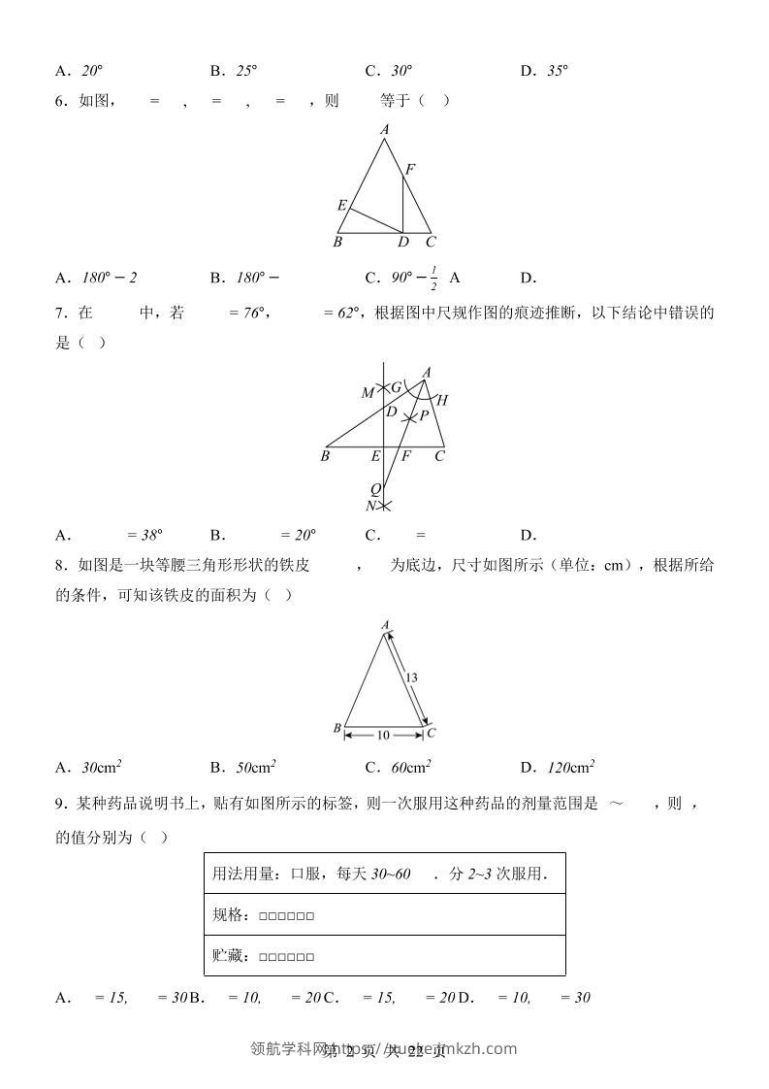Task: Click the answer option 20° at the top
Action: click(92, 70)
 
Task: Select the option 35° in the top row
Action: click(557, 70)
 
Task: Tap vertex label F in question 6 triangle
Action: click(410, 170)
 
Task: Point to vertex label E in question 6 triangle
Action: click(341, 206)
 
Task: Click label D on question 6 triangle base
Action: click(402, 243)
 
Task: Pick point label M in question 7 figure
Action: click(368, 393)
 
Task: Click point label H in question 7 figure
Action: click(443, 399)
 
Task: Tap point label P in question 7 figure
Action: click(424, 416)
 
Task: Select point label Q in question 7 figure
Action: click(375, 489)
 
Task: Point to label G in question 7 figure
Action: click(396, 387)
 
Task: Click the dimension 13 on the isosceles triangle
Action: click(411, 676)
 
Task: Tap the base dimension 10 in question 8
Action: click(383, 736)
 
